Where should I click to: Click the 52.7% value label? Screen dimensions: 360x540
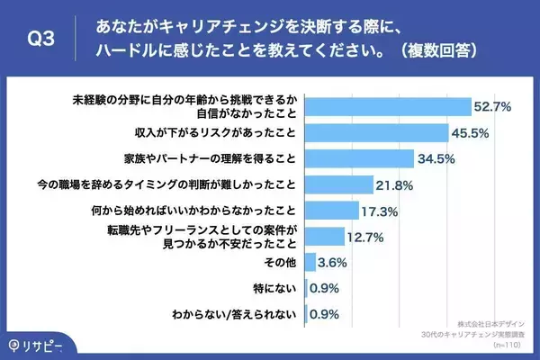tap(493, 107)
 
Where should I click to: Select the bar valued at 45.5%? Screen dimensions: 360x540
tap(377, 133)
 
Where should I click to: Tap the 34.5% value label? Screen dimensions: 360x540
tap(435, 159)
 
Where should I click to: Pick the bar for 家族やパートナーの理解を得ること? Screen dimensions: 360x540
tap(359, 159)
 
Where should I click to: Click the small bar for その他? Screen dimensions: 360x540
tap(310, 263)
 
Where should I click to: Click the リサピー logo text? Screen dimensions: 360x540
tap(43, 345)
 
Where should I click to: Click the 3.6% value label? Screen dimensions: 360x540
tap(336, 263)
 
